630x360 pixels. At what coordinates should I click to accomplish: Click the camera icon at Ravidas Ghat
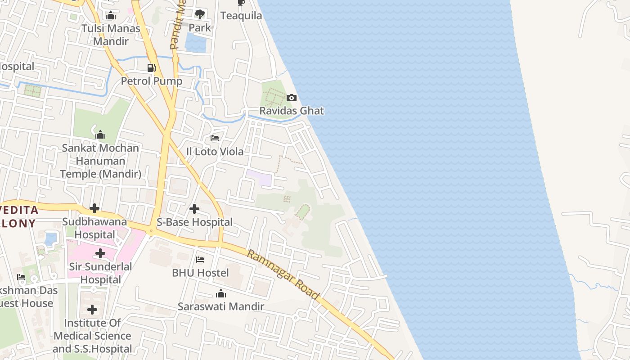click(292, 98)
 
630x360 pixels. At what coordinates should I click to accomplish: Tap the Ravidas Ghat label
click(292, 111)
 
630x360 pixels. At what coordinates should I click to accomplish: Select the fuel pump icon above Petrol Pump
click(152, 68)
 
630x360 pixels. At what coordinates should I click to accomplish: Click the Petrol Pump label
click(152, 81)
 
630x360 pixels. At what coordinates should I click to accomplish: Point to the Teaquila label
click(241, 16)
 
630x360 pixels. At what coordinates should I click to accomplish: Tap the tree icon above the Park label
click(199, 14)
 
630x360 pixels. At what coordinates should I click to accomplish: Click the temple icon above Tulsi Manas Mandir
click(111, 16)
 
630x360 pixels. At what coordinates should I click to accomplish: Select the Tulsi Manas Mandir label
click(111, 35)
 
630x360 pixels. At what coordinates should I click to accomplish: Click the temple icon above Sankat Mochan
click(100, 135)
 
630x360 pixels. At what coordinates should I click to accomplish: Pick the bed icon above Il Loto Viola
click(215, 138)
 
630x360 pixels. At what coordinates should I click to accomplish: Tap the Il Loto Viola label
click(215, 152)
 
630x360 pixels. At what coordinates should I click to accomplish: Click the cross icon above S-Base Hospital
click(194, 209)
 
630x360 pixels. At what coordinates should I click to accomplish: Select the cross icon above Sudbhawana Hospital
click(94, 208)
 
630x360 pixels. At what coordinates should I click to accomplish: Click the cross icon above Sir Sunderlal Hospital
click(100, 253)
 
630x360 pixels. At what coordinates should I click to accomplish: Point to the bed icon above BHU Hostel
click(200, 260)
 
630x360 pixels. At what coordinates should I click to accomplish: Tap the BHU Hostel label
click(200, 273)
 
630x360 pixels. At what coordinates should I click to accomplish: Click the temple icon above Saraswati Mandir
click(220, 294)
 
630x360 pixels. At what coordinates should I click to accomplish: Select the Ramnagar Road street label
click(283, 275)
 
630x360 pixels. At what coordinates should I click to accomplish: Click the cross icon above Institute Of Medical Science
click(92, 310)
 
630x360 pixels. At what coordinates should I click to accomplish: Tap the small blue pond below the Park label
click(195, 43)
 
